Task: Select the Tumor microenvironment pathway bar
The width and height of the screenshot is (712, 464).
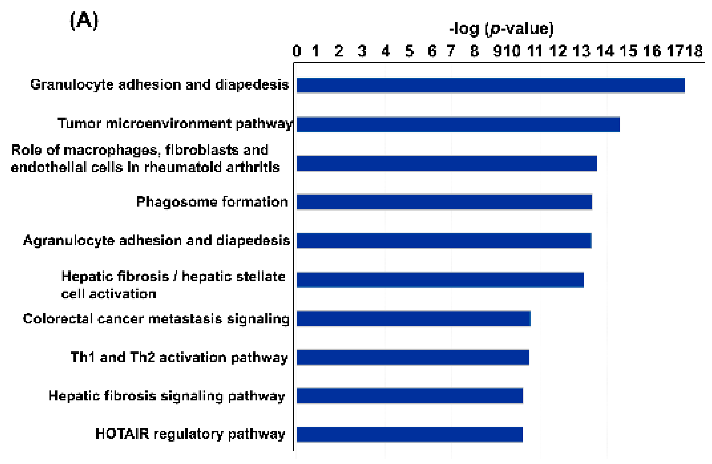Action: pyautogui.click(x=458, y=125)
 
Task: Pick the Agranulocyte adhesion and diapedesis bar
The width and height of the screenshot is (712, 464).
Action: pyautogui.click(x=444, y=241)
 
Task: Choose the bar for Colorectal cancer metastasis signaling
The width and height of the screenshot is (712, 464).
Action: pyautogui.click(x=413, y=319)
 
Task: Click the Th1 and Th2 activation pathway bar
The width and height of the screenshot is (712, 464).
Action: pyautogui.click(x=413, y=357)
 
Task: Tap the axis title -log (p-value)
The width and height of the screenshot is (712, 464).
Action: pyautogui.click(x=501, y=29)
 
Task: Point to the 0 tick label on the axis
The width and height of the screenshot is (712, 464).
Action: pyautogui.click(x=296, y=51)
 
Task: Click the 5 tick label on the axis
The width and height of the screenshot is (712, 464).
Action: pyautogui.click(x=409, y=51)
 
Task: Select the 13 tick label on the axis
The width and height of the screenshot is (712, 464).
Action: pyautogui.click(x=582, y=51)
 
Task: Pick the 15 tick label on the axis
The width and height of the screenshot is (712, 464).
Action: pyautogui.click(x=628, y=51)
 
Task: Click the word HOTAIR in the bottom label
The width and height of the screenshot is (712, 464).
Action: pyautogui.click(x=122, y=434)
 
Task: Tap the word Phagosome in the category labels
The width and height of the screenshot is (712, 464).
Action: pyautogui.click(x=176, y=202)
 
